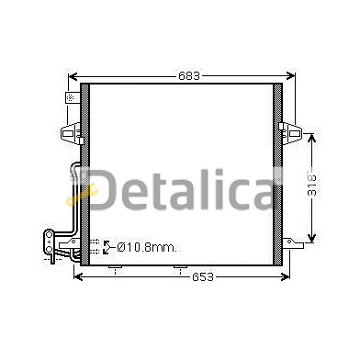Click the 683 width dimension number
tap(189, 75)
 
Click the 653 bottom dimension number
tap(202, 277)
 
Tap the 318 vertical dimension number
tap(311, 186)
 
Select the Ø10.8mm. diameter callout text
tap(147, 247)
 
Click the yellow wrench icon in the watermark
tap(82, 194)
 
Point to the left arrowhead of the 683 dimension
tap(73, 76)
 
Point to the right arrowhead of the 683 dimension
tap(291, 76)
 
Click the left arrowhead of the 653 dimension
tap(78, 277)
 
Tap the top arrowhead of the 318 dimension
tap(311, 138)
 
